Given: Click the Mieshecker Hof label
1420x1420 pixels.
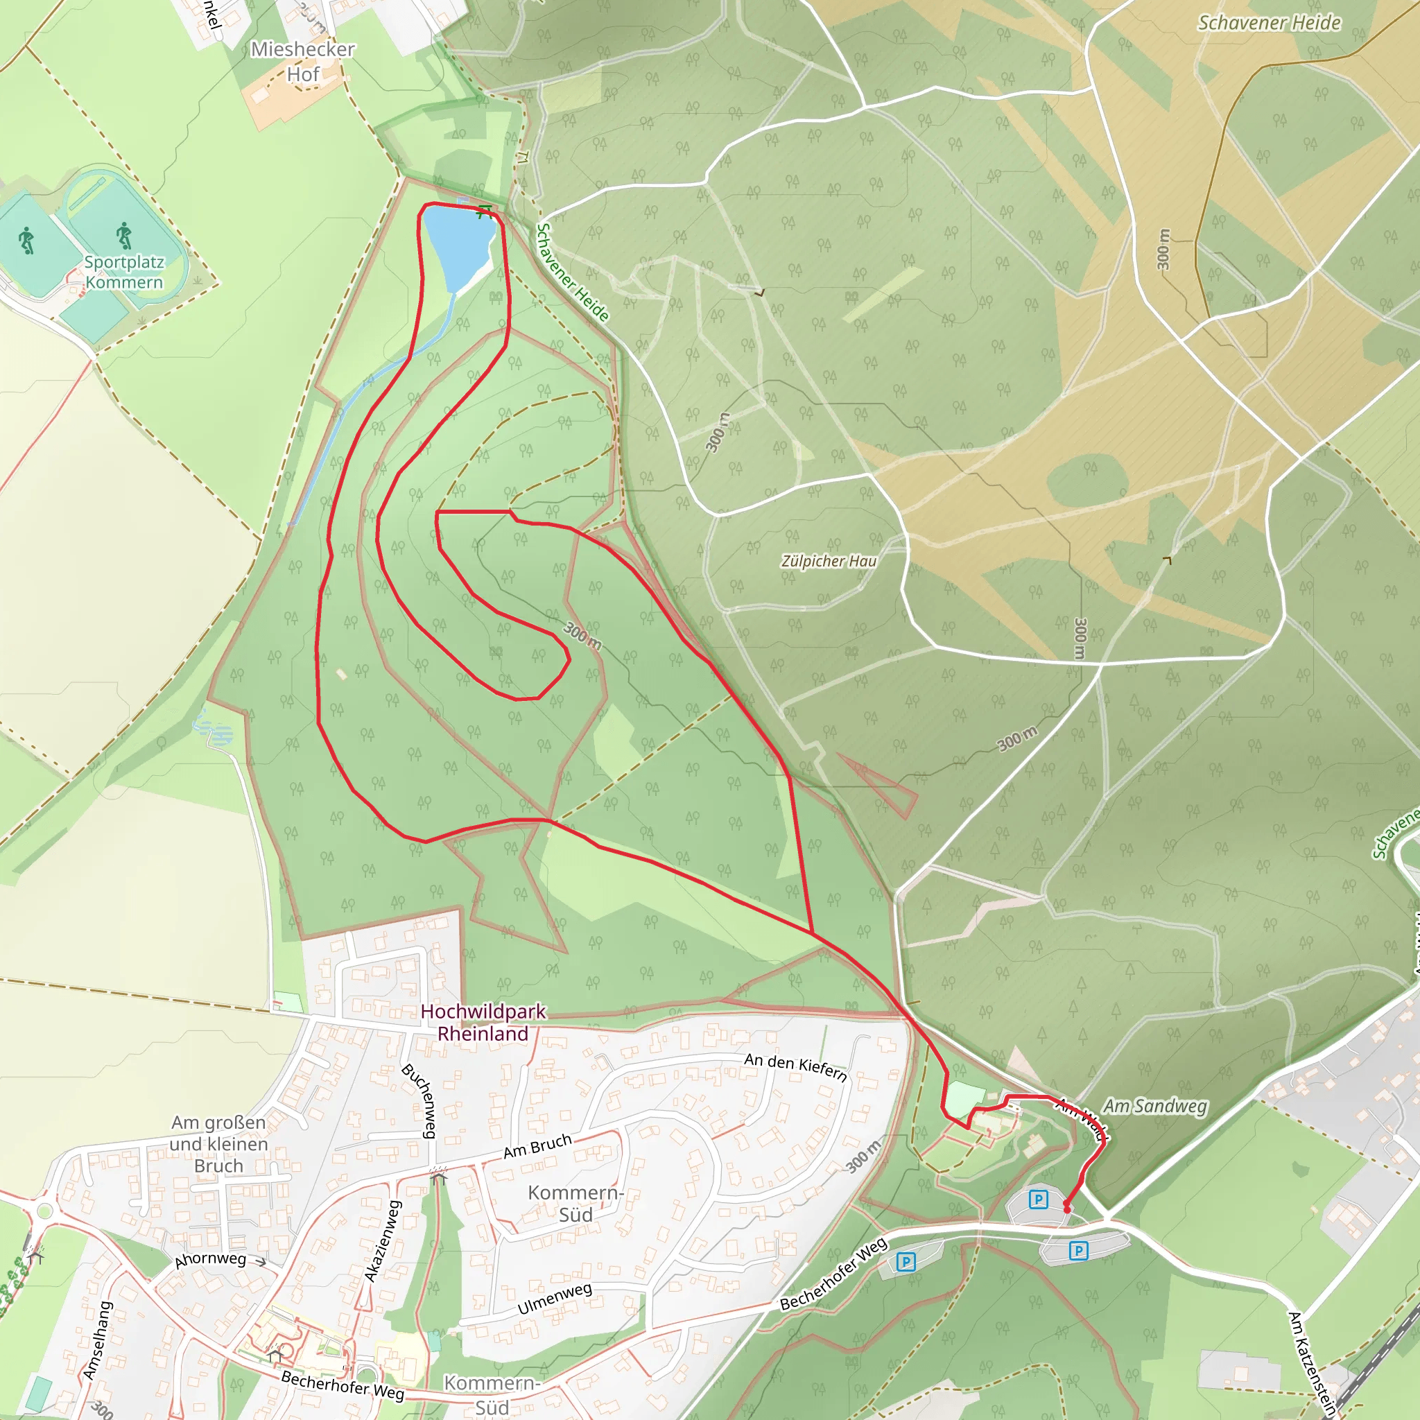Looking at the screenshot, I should pos(302,62).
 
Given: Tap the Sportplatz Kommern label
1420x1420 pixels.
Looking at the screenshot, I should pos(123,272).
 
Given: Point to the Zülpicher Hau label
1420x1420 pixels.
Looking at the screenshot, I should pos(829,562).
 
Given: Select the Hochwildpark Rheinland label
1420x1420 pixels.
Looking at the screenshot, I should pos(483,1023).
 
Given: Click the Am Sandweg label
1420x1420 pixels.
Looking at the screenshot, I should pos(1154,1106).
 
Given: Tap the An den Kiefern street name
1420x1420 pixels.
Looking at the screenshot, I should pos(795,1067).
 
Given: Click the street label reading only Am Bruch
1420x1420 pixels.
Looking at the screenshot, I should pos(537,1146).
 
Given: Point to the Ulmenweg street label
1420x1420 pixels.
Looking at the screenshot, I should pos(554,1299).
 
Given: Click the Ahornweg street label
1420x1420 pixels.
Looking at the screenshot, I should pos(210,1259).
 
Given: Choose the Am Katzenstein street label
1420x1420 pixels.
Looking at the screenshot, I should pos(1311,1364).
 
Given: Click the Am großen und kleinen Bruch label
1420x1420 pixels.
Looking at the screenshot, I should pos(218,1143).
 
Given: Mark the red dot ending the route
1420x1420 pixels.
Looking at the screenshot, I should pos(1066,1209).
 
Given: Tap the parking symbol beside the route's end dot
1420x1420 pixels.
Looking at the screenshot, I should pos(1038,1200).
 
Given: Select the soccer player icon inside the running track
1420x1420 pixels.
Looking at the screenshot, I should pos(123,235).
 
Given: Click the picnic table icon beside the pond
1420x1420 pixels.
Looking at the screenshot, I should pos(484,211).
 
